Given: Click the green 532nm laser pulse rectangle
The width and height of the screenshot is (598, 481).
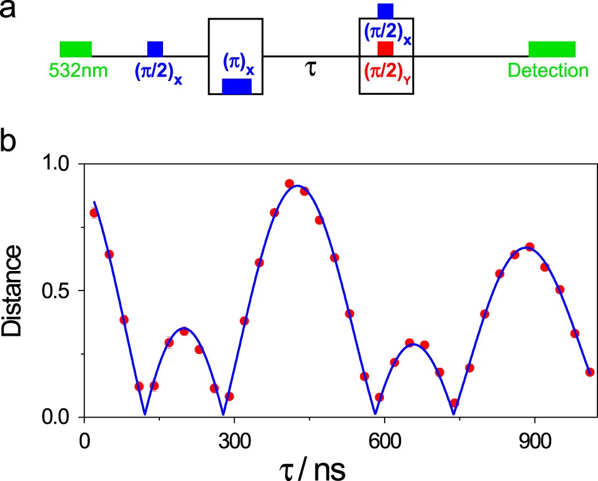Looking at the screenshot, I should pos(76,49).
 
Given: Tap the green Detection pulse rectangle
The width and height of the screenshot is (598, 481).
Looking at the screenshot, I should pos(551,49).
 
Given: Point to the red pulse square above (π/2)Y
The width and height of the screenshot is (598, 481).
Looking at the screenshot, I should pos(385,49).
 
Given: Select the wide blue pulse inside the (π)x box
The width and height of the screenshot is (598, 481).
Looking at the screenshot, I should pos(237,87).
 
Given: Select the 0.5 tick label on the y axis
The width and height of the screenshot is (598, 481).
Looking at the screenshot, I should pos(59,290).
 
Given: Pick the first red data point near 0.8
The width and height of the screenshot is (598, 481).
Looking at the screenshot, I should pos(94,213).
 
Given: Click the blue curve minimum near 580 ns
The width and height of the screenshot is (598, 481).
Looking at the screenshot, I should pos(375,414).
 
